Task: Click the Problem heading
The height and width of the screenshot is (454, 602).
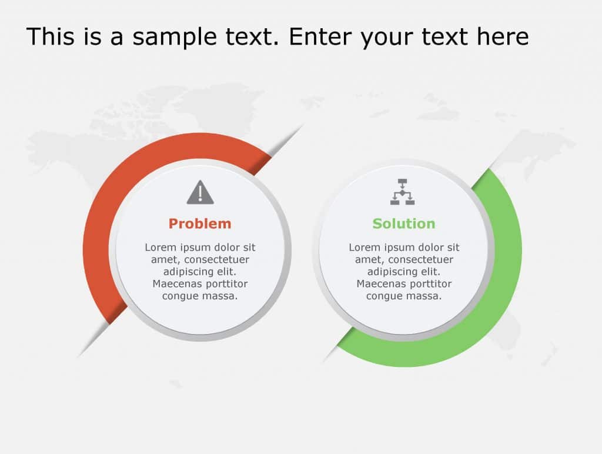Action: click(x=200, y=223)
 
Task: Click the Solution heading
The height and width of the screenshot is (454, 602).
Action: click(x=404, y=223)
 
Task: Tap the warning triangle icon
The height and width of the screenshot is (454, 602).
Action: click(x=200, y=193)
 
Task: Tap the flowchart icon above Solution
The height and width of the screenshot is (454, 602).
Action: click(x=403, y=192)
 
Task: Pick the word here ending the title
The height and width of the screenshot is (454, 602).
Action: click(x=503, y=36)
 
